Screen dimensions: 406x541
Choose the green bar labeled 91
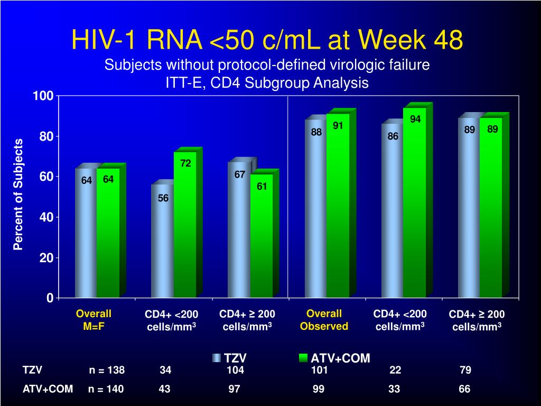pos(338,206)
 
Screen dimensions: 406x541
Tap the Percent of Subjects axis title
pos(18,194)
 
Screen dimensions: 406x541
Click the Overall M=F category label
pos(94,320)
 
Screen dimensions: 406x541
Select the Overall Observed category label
pos(324,320)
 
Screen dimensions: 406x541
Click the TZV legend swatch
pos(217,358)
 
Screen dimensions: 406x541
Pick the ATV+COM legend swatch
pos(303,358)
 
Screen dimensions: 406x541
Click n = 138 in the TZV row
pos(107,370)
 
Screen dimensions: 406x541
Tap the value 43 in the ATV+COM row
pos(164,389)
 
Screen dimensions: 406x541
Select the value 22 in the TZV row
pos(395,370)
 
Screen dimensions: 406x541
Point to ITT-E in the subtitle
pos(183,83)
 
